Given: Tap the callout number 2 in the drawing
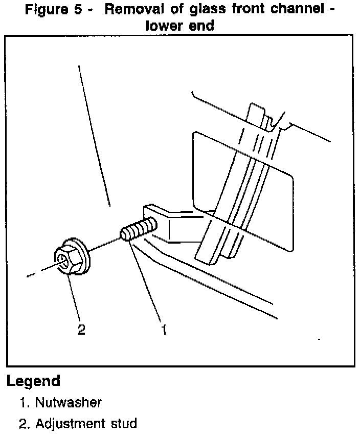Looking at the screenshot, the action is coord(81,329).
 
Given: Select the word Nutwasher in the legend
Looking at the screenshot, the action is coord(69,402).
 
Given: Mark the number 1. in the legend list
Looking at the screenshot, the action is coord(25,402).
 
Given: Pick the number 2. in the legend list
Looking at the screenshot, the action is coord(25,423).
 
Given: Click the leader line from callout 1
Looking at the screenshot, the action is coord(148,281).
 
